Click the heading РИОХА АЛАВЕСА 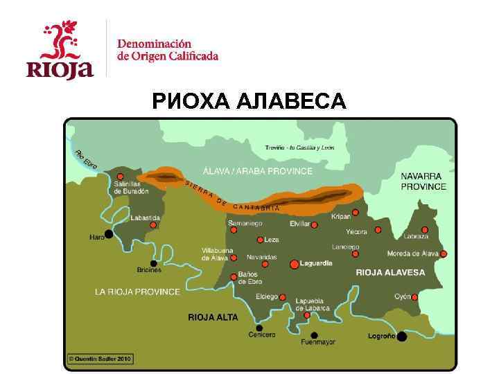point(249,103)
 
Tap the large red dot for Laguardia point(294,264)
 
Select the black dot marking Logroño point(402,337)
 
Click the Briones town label point(150,271)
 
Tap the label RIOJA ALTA point(213,317)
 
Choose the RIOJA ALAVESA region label point(390,273)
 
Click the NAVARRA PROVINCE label point(423,181)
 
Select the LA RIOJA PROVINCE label point(137,292)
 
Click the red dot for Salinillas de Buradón point(121,177)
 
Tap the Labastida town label point(146,217)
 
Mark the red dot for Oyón point(414,297)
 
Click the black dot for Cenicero point(259,328)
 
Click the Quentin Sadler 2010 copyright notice point(100,359)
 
